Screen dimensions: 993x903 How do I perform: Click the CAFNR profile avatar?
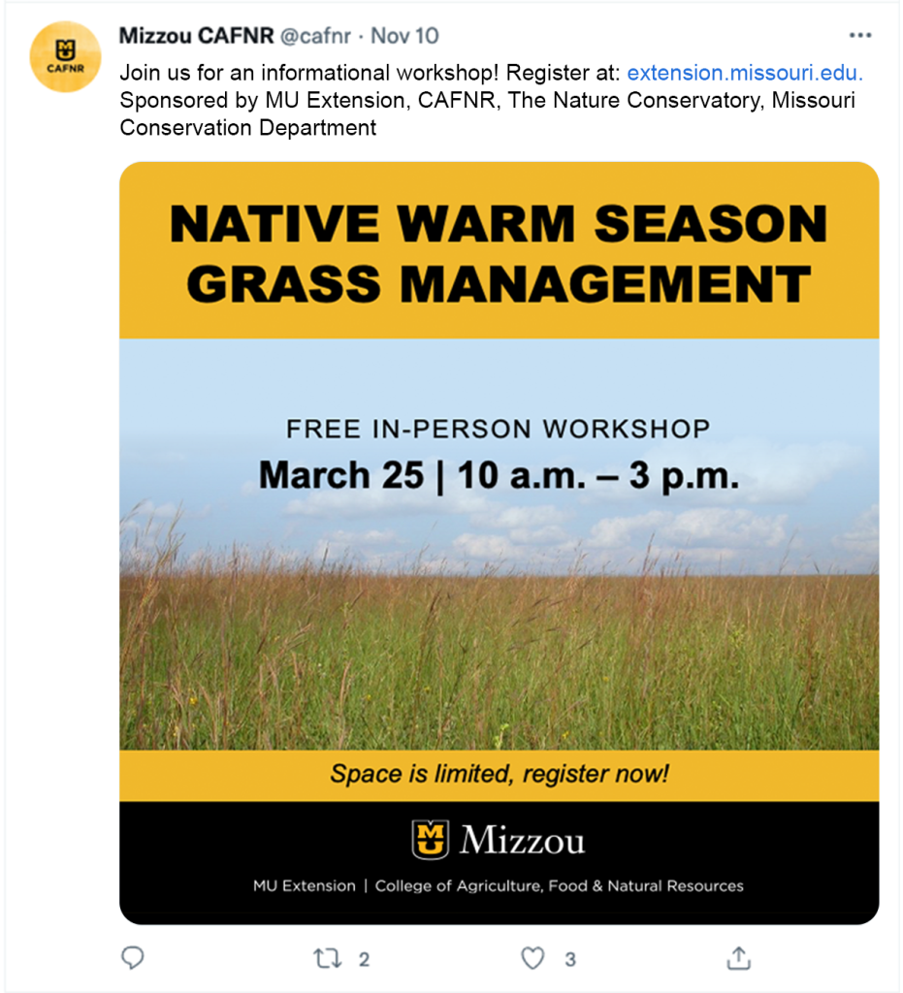click(x=65, y=57)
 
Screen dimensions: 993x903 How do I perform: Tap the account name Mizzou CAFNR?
click(x=196, y=36)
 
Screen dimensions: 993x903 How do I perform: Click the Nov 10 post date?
click(x=404, y=36)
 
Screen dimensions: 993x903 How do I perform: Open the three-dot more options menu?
click(x=860, y=36)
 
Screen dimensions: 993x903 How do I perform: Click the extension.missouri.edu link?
click(x=745, y=73)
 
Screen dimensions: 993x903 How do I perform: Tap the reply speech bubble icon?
click(x=133, y=958)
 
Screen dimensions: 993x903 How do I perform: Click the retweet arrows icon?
click(x=328, y=958)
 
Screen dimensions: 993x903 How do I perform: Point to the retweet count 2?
click(x=364, y=959)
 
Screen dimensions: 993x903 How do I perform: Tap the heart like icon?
click(x=532, y=958)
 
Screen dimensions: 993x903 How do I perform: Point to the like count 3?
click(x=570, y=959)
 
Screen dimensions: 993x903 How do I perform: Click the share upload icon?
click(x=739, y=958)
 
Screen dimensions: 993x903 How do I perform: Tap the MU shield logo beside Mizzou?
click(x=431, y=839)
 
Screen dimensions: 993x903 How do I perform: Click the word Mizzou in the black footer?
click(x=523, y=840)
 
